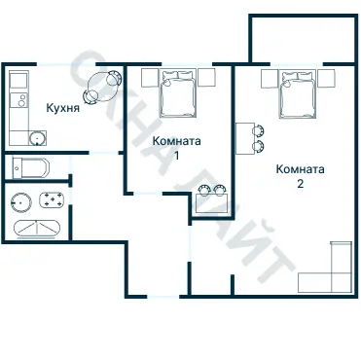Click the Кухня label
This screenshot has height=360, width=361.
(63, 108)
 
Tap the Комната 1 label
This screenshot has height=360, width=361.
(177, 148)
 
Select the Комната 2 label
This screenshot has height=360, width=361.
(300, 176)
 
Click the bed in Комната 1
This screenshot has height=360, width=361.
(178, 92)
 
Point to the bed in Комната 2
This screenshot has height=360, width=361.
(298, 94)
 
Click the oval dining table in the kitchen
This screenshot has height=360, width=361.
(101, 87)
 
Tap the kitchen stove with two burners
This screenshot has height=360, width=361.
(19, 99)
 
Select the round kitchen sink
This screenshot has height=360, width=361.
(37, 139)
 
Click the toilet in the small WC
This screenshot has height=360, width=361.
(31, 167)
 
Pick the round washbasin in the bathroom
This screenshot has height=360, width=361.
(21, 202)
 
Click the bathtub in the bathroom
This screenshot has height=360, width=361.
(37, 229)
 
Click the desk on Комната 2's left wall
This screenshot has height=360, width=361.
(245, 138)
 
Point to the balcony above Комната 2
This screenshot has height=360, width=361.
(303, 38)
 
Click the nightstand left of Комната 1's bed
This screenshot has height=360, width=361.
(150, 78)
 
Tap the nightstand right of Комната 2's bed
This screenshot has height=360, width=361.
(326, 79)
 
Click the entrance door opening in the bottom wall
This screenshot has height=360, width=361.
(163, 297)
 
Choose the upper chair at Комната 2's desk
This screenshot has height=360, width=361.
(258, 130)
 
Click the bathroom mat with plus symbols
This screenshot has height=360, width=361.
(52, 199)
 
